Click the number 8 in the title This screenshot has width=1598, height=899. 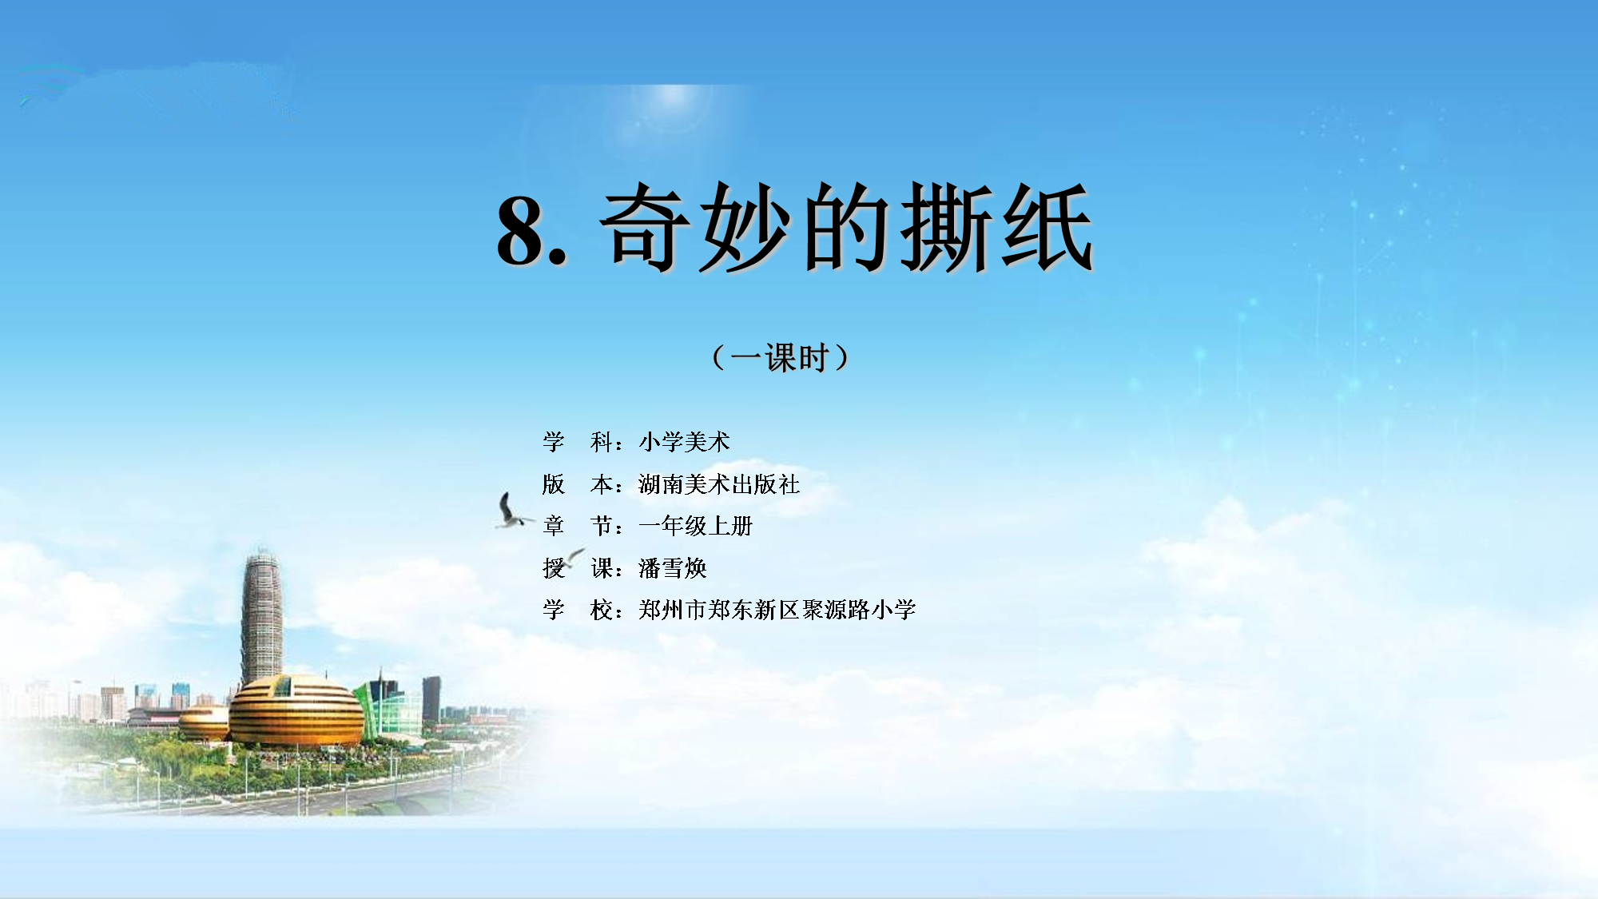522,230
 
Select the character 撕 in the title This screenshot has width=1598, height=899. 947,228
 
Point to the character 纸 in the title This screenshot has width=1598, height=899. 1047,228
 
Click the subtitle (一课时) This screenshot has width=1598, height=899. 781,357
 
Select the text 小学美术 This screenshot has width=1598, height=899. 684,441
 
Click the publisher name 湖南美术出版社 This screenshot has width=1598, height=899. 719,483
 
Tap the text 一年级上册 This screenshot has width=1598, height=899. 696,526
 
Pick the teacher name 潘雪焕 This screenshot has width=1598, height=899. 673,568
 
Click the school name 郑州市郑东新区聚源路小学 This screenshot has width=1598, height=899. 777,610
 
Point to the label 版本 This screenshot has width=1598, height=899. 577,483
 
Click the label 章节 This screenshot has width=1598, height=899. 577,526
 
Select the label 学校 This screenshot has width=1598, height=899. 577,610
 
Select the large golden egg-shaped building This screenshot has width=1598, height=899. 296,710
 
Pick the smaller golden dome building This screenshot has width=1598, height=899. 205,722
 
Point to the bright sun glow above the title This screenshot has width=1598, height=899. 673,100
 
